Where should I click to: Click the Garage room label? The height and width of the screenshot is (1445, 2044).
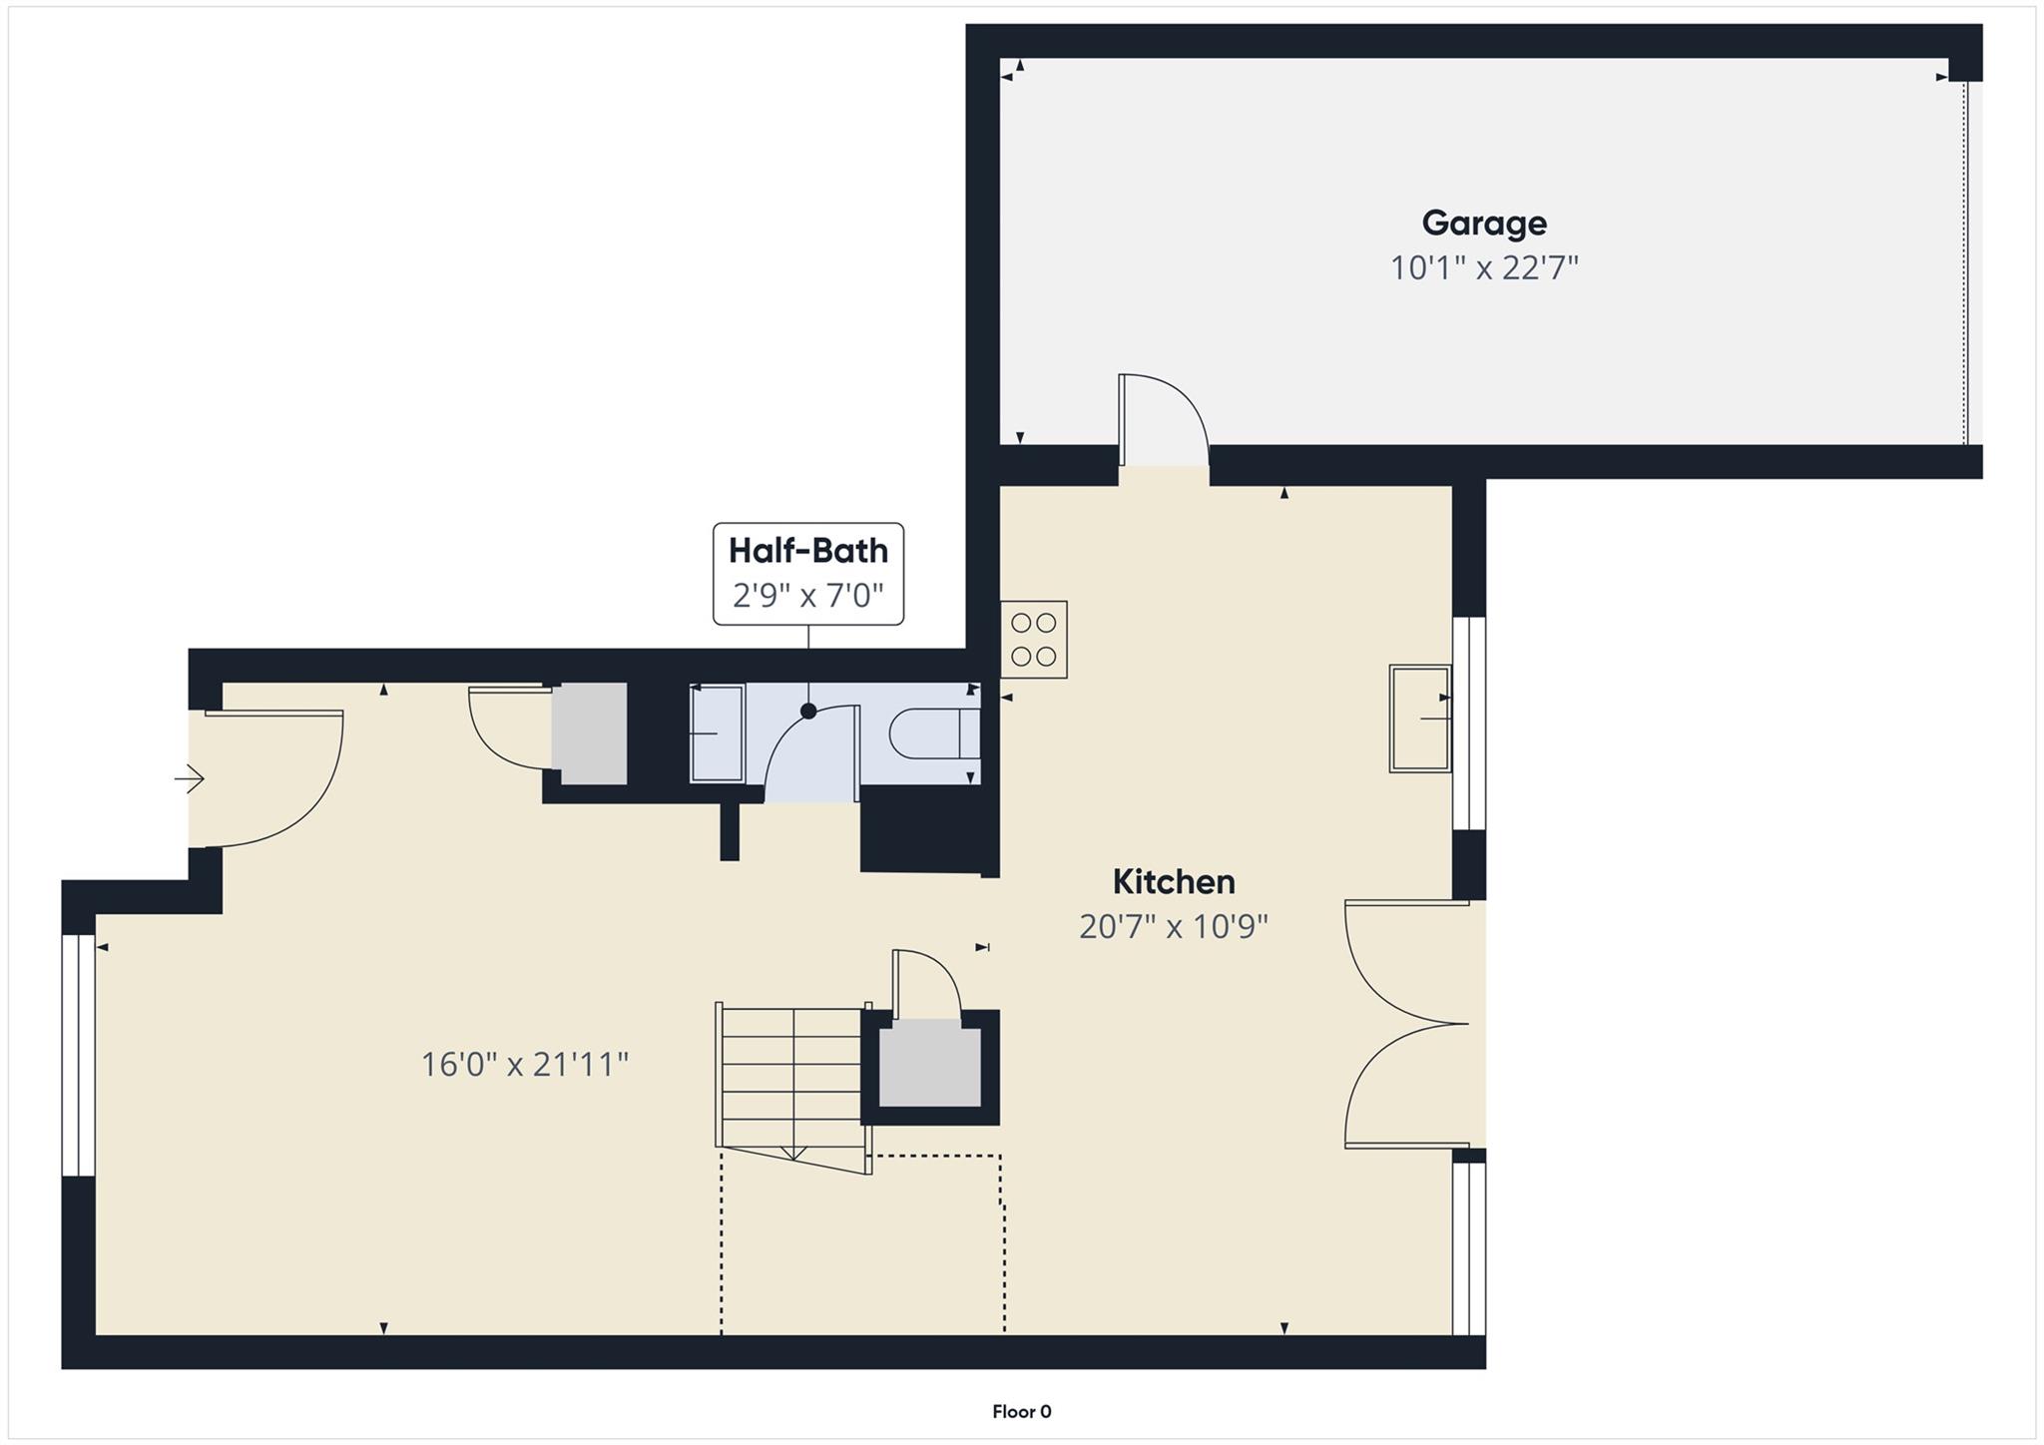1484,223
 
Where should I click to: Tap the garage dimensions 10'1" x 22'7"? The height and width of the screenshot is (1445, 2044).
1484,268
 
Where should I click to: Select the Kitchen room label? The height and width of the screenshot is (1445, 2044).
1173,882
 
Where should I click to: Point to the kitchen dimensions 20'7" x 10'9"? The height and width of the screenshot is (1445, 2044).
1173,927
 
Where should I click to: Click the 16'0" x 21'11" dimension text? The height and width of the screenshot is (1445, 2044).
524,1065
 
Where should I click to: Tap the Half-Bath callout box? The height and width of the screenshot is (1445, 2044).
807,574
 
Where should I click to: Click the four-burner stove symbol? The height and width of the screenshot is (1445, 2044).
1034,640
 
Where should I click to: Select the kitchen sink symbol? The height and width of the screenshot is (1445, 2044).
1419,719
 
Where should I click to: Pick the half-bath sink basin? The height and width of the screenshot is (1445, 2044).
717,733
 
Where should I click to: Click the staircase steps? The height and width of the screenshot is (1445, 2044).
790,1078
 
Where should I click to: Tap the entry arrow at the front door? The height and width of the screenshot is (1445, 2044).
190,778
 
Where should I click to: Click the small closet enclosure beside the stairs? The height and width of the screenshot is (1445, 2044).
929,1063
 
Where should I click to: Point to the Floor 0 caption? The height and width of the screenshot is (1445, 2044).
1021,1411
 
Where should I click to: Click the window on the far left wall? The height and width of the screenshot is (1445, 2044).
78,1055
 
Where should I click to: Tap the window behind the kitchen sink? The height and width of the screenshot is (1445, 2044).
1468,723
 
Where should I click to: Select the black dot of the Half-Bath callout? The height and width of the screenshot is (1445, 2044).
808,712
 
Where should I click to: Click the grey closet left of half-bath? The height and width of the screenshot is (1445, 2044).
589,733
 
